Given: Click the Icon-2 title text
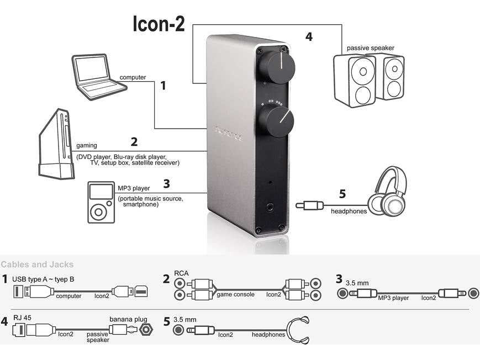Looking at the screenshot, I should (159, 24).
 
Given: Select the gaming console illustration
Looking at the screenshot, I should (56, 144).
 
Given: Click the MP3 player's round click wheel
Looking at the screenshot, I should (100, 212).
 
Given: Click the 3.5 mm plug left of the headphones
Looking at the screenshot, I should (309, 205).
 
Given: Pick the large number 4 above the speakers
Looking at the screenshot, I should (309, 37).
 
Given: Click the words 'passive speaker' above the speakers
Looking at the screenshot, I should (371, 48).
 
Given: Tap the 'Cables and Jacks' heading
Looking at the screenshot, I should (37, 265).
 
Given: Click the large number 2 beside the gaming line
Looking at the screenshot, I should (134, 141).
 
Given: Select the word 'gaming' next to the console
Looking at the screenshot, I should (87, 146).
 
